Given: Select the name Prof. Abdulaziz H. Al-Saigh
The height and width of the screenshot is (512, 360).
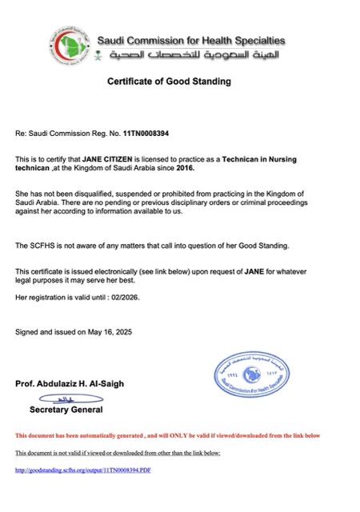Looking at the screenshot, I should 68,384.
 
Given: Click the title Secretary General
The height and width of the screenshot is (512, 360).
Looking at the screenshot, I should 66,410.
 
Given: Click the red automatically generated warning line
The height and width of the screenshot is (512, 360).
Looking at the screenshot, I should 167,435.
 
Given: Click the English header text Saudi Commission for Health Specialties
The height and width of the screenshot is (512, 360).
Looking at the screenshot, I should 190,40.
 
